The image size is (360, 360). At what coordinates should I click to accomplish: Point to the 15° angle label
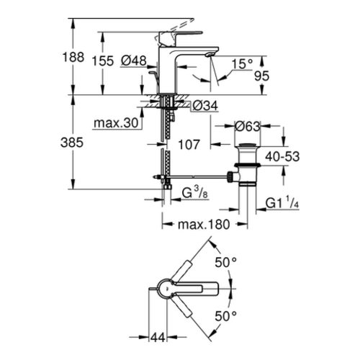pos(243,64)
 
